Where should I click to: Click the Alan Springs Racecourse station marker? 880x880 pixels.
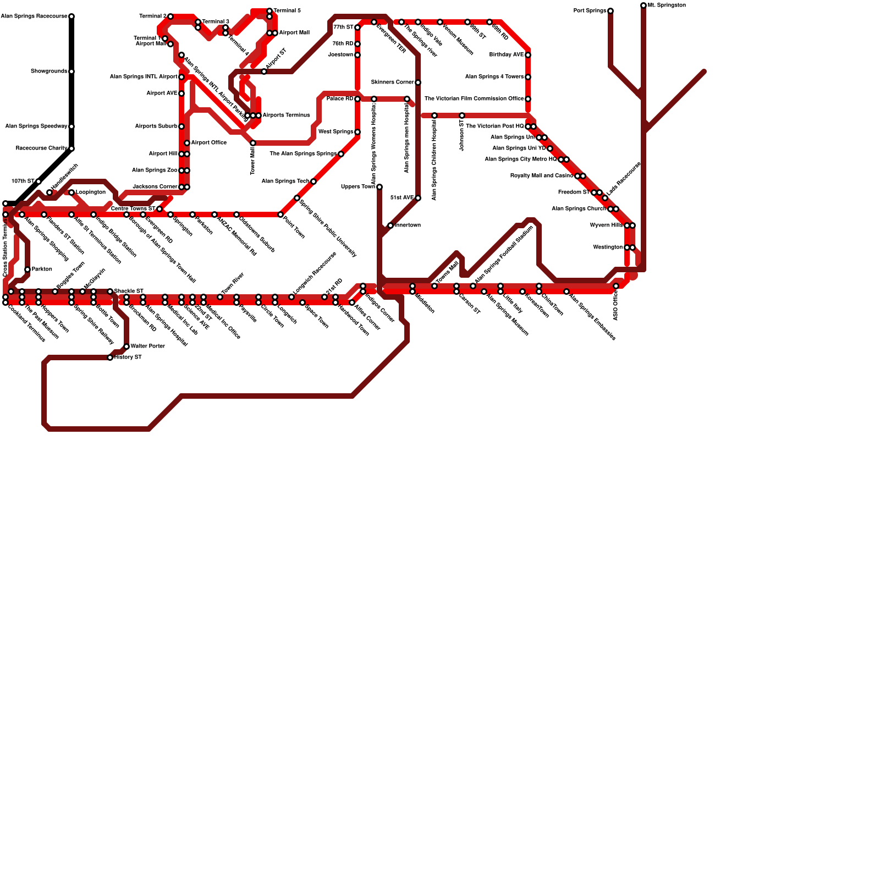(71, 16)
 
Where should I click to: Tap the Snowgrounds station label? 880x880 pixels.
(49, 71)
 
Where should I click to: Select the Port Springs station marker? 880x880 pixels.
(610, 11)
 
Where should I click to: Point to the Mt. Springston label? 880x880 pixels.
(667, 5)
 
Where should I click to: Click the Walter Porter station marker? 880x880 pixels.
(127, 346)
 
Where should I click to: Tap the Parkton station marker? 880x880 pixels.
(28, 269)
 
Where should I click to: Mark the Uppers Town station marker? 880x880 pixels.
(380, 187)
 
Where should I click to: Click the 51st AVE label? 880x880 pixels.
(402, 198)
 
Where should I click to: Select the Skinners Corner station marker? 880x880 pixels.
(418, 82)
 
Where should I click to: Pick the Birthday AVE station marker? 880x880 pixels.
(528, 55)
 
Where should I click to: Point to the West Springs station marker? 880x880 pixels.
(358, 132)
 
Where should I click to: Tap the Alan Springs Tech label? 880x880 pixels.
(285, 182)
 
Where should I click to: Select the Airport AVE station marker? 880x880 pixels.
(182, 94)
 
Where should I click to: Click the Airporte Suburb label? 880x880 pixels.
(156, 127)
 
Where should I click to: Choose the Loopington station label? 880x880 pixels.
(91, 193)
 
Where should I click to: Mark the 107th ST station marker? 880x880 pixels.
(38, 182)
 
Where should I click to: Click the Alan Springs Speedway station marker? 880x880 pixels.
(71, 127)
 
